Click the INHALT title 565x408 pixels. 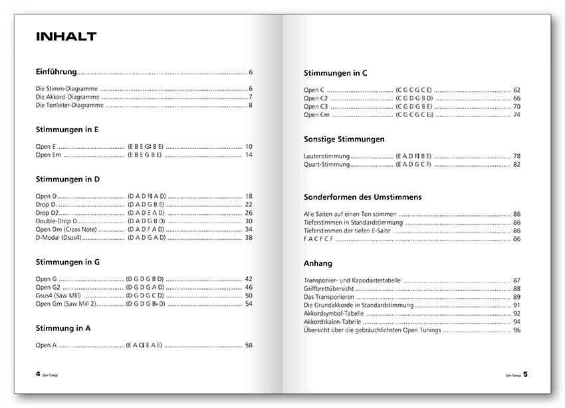pyautogui.click(x=66, y=37)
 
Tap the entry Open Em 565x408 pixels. pyautogui.click(x=48, y=155)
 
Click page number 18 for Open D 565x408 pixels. pyautogui.click(x=249, y=196)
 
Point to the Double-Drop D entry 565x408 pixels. pyautogui.click(x=56, y=221)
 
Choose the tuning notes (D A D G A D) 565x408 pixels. pyautogui.click(x=146, y=237)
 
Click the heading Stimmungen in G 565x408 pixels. pyautogui.click(x=68, y=262)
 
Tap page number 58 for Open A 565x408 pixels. pyautogui.click(x=249, y=345)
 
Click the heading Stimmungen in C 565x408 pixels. pyautogui.click(x=335, y=73)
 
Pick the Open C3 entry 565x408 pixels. pyautogui.click(x=316, y=106)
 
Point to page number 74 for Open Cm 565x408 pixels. pyautogui.click(x=516, y=115)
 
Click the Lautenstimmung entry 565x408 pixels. pyautogui.click(x=326, y=156)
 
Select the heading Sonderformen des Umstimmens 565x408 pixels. pyautogui.click(x=362, y=197)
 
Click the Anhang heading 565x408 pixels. pyautogui.click(x=318, y=263)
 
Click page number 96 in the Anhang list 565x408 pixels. pyautogui.click(x=516, y=330)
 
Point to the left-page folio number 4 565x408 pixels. pyautogui.click(x=38, y=374)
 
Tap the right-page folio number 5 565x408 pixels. pyautogui.click(x=525, y=374)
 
